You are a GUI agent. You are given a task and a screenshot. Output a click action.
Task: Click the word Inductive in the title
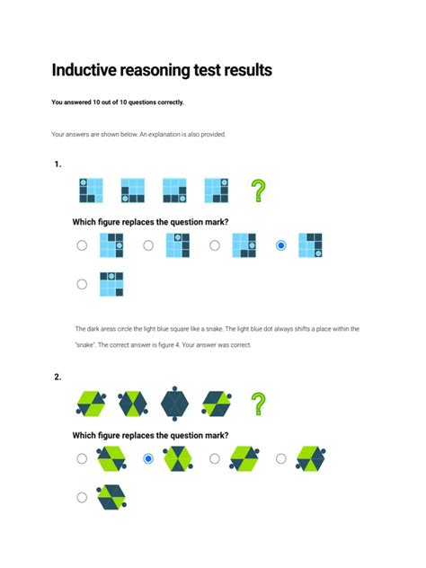(x=91, y=70)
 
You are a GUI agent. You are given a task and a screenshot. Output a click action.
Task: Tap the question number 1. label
(x=58, y=164)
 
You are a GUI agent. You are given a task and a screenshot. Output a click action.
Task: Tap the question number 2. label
(x=58, y=377)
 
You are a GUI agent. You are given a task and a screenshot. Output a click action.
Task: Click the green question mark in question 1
(x=258, y=191)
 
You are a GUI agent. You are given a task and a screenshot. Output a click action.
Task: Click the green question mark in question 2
(x=258, y=404)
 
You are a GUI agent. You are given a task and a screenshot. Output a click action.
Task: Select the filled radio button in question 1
(x=281, y=245)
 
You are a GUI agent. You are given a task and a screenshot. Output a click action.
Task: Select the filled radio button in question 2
(x=148, y=458)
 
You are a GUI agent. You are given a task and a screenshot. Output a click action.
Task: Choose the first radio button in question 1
(x=82, y=245)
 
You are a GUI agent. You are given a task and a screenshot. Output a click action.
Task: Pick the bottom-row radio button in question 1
(x=82, y=284)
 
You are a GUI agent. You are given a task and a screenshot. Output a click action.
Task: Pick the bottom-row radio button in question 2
(x=82, y=497)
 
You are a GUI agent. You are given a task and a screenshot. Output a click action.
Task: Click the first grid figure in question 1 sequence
(x=91, y=191)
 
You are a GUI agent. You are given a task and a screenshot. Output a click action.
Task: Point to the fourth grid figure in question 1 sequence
(x=217, y=191)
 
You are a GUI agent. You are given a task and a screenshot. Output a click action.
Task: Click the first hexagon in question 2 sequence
(x=91, y=404)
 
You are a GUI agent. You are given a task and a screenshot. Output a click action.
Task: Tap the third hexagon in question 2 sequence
(x=173, y=404)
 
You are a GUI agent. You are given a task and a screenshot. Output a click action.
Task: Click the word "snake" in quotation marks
(x=86, y=345)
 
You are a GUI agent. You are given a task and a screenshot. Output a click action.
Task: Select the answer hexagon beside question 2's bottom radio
(x=112, y=497)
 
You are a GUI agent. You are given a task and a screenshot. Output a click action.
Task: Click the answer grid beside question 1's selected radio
(x=310, y=245)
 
